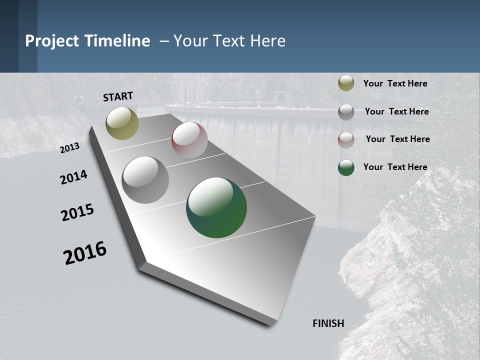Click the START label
coord(118,96)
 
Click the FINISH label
coord(328,323)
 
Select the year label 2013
coord(69,148)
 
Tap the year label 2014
coord(73,177)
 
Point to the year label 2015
coord(77,212)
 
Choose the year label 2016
coord(85,253)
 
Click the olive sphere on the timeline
coord(122,123)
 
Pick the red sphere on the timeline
coord(189,140)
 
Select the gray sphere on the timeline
coord(145,180)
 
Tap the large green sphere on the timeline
coord(216,207)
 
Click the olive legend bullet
coord(346,83)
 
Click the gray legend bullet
coord(346,112)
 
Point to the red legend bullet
coord(346,139)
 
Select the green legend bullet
coord(346,167)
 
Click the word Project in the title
coord(52,41)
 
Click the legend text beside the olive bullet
coord(395,83)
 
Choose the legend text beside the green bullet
coord(395,167)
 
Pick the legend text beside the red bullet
coord(397,139)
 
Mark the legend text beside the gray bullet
coord(397,111)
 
